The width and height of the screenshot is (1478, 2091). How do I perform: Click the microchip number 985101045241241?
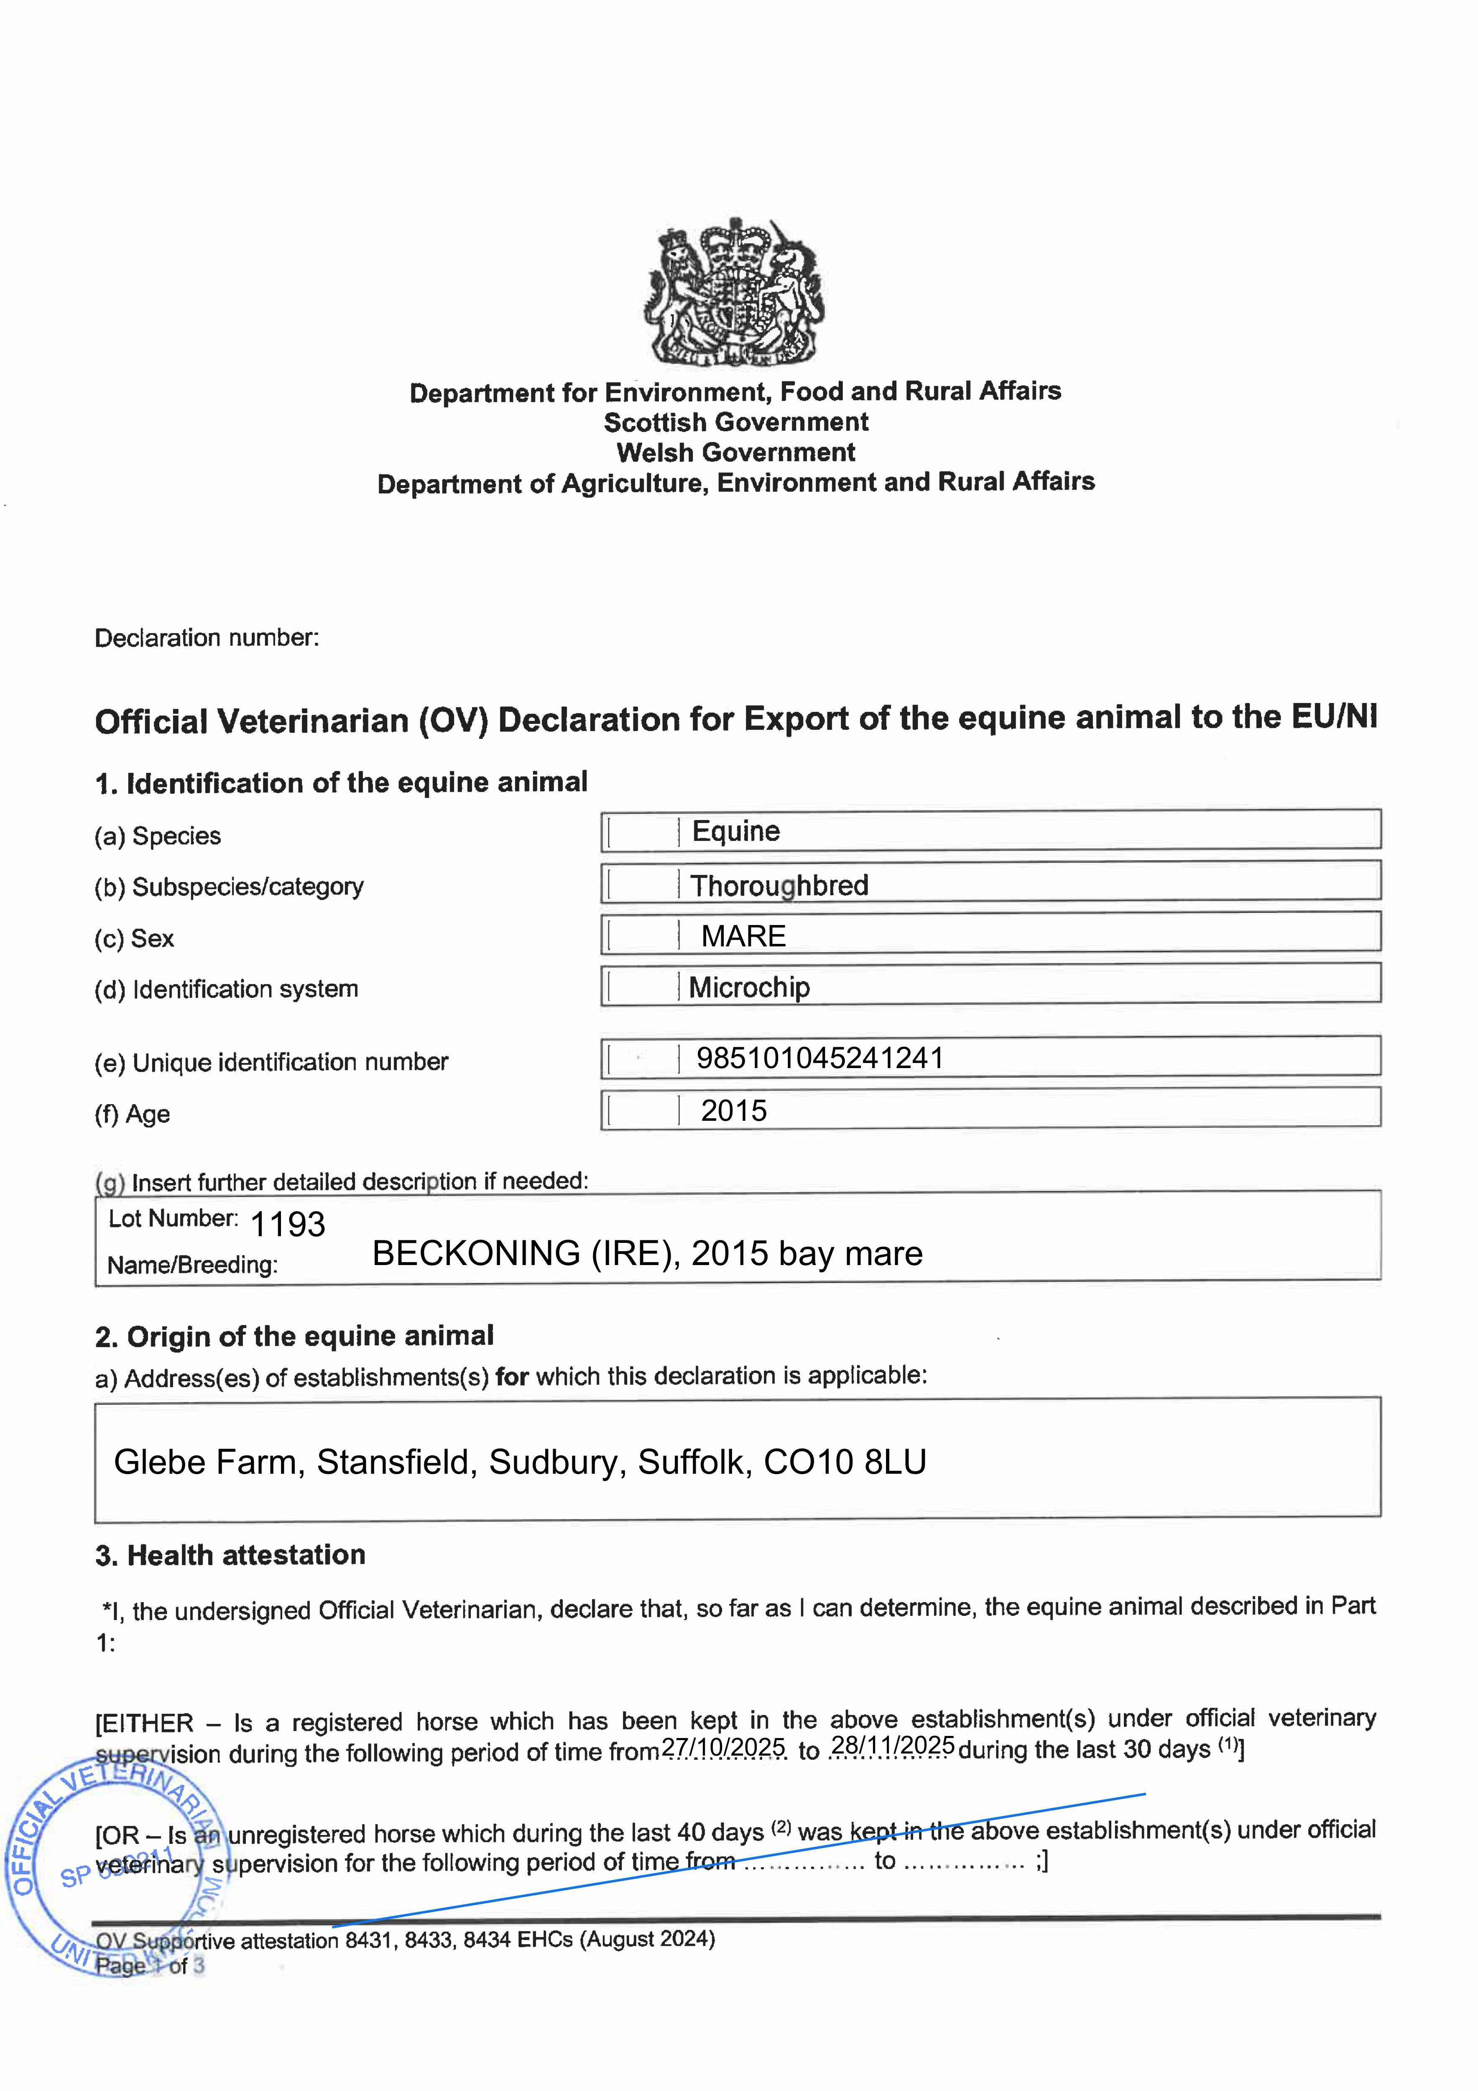click(819, 1058)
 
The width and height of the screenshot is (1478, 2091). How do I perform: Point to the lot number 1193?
click(288, 1225)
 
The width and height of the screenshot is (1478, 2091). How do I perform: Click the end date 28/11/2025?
click(893, 1746)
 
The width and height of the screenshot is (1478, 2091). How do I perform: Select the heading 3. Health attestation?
click(230, 1554)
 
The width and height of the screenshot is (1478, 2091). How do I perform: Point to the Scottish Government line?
click(736, 422)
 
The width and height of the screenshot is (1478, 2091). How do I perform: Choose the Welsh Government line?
click(736, 452)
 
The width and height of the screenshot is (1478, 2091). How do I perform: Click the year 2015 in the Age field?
click(734, 1111)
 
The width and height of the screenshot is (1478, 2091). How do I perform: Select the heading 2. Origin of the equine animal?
click(294, 1336)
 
